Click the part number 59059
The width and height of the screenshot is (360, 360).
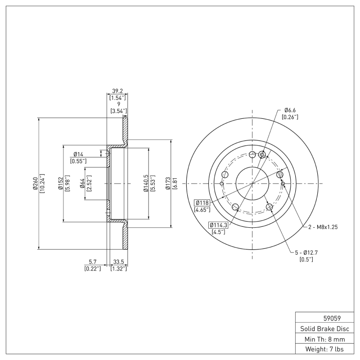(322, 317)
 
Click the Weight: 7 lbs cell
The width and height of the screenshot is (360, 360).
(322, 349)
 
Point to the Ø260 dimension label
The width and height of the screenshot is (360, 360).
(35, 183)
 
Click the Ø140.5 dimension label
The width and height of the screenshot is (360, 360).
(145, 183)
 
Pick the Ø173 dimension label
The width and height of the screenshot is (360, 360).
(167, 183)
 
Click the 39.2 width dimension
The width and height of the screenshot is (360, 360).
(117, 90)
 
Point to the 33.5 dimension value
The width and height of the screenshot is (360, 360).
(119, 261)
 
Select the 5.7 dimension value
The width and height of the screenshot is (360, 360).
(92, 261)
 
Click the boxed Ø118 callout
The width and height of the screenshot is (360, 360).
(202, 202)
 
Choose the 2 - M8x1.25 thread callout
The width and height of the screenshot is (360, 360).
(323, 227)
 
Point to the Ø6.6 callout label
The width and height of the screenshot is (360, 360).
(290, 110)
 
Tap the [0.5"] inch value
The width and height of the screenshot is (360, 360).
(306, 259)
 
